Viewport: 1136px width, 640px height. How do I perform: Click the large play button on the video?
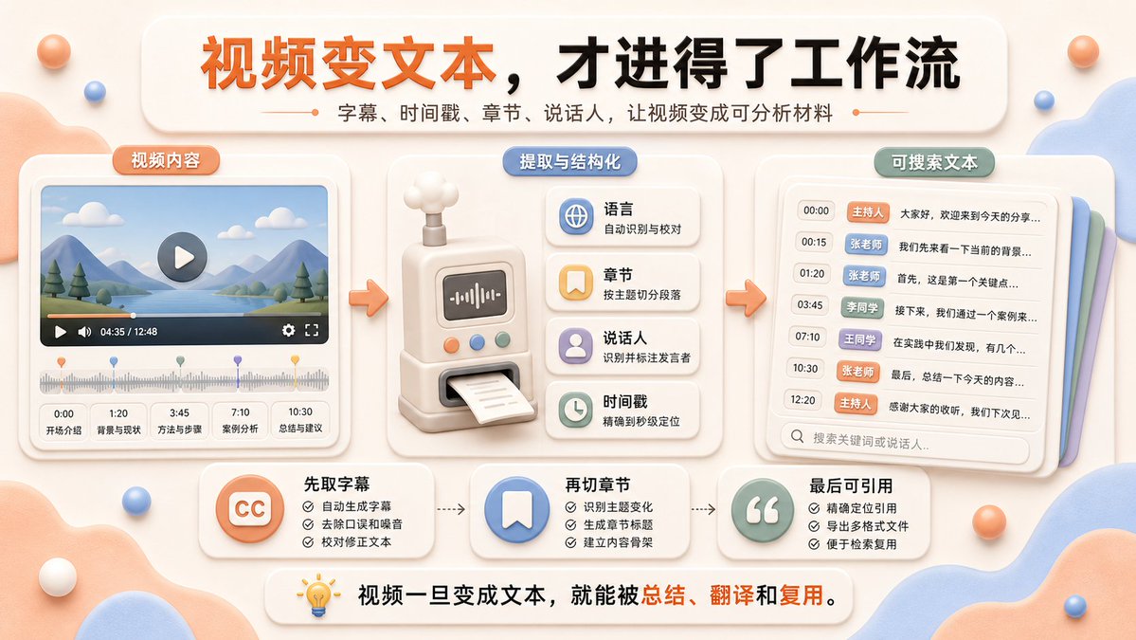pos(183,257)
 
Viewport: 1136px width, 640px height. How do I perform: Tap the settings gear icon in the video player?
pos(288,331)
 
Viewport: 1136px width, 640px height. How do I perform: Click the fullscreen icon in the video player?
pos(313,331)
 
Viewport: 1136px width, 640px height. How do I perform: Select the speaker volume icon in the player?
pos(84,332)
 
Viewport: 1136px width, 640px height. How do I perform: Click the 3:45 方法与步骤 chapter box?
pos(180,421)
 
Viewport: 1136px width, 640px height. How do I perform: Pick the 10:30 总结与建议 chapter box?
pos(300,420)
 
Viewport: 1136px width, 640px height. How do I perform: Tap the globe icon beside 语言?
pos(576,217)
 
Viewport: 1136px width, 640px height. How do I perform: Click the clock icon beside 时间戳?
pos(576,410)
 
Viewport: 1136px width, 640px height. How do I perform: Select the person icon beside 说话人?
pos(576,346)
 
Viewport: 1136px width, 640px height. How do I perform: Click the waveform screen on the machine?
pos(476,296)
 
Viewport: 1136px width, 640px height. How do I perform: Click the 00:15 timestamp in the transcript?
pos(814,242)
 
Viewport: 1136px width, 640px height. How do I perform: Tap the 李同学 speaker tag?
pos(862,307)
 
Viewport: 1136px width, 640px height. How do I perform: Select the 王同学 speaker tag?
pos(860,339)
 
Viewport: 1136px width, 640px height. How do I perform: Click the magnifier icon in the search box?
pos(797,436)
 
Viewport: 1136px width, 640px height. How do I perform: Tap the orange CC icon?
pos(250,509)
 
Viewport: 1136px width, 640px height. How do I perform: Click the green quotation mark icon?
pos(763,510)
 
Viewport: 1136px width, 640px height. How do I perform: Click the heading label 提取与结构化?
pos(570,161)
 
